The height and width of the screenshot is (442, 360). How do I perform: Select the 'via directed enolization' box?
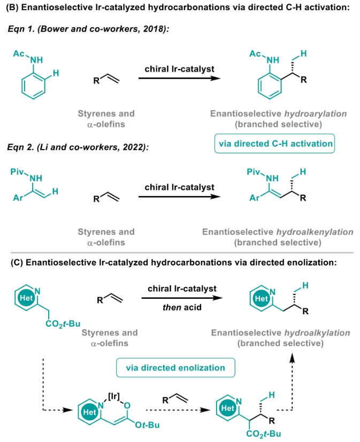175,368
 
